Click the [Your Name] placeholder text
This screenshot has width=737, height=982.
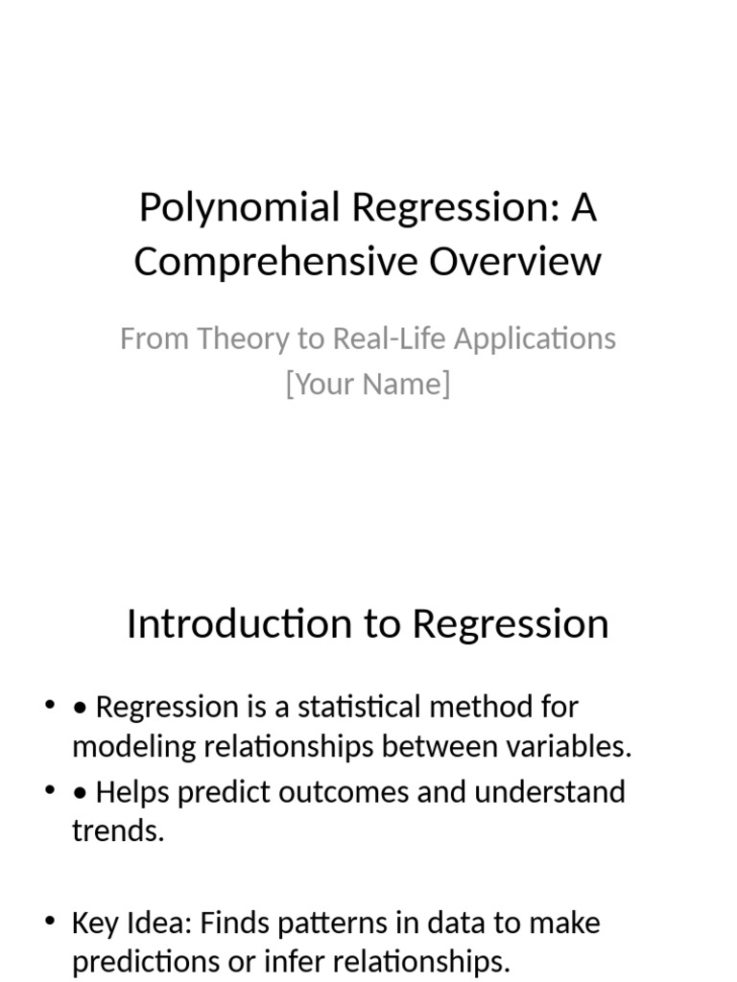pyautogui.click(x=368, y=384)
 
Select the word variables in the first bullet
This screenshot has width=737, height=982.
pyautogui.click(x=576, y=747)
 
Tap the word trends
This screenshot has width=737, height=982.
pyautogui.click(x=117, y=831)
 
